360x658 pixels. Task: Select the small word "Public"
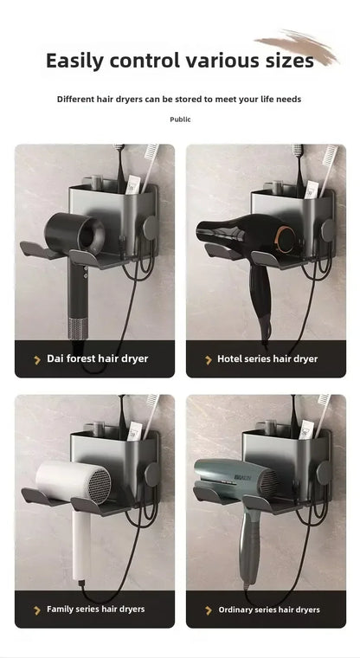point(180,119)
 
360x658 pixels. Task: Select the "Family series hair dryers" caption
point(95,609)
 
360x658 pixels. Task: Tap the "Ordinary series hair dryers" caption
point(268,610)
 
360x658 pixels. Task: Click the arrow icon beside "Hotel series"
point(209,359)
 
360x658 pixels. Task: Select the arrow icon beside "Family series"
point(37,610)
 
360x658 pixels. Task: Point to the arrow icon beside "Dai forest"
point(37,359)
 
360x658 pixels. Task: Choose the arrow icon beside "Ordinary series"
point(209,610)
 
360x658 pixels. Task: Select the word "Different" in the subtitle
point(77,100)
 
